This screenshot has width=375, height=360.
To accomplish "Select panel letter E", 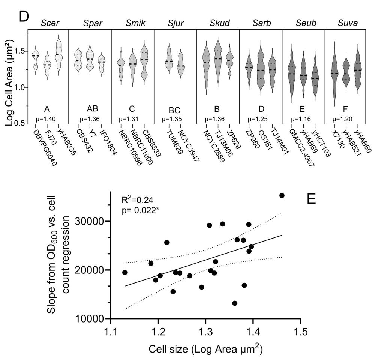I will click(312, 199).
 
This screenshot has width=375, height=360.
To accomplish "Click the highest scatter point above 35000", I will click(282, 195).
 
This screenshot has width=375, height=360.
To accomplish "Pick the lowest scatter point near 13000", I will click(235, 303).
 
